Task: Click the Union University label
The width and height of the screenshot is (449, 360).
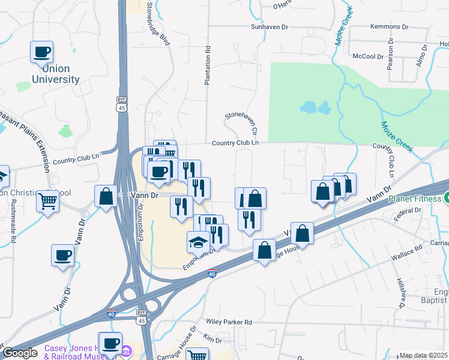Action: (x=56, y=74)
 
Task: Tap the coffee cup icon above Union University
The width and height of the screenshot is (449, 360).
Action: (x=41, y=52)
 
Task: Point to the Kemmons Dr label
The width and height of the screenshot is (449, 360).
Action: (x=389, y=28)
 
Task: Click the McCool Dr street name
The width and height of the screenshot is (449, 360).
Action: (x=368, y=56)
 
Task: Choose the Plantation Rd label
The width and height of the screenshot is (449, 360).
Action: (x=207, y=66)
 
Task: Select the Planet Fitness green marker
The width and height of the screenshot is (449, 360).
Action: (x=445, y=199)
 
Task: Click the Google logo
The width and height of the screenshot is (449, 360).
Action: (x=20, y=353)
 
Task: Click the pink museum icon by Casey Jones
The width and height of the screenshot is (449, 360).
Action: (x=127, y=350)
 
